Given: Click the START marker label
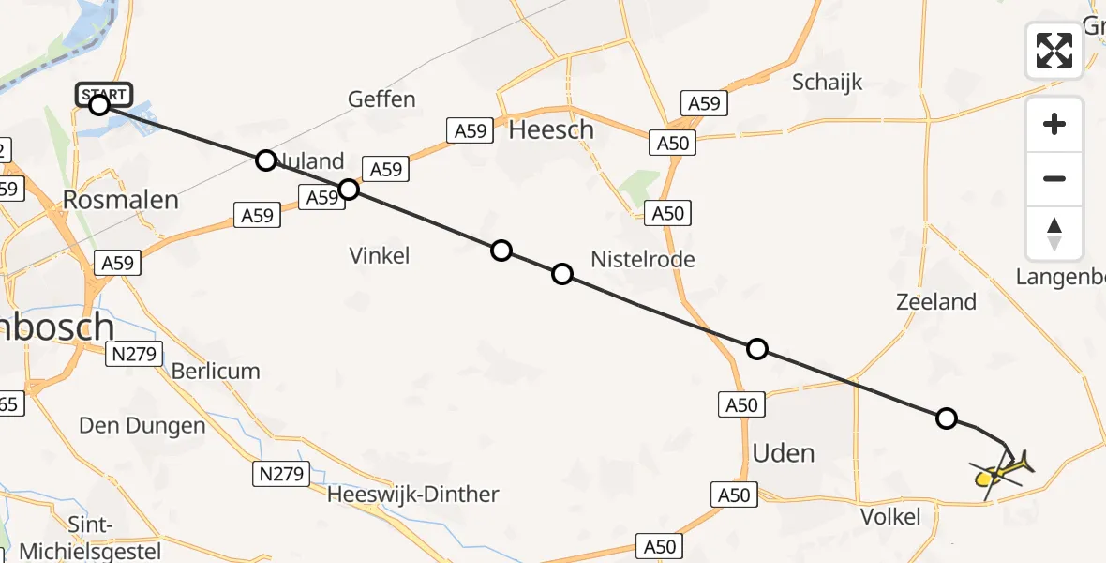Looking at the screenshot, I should tap(103, 94).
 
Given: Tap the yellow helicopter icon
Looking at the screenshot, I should tap(1001, 469).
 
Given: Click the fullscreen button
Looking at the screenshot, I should tap(1054, 51).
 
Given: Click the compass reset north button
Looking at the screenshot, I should tap(1054, 234).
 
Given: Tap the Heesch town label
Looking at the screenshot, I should tap(551, 129).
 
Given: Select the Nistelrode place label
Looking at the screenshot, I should tap(643, 259).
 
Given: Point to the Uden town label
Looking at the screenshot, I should tap(784, 453).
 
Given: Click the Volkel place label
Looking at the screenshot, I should tap(889, 516).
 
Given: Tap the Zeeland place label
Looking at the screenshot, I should tap(935, 302).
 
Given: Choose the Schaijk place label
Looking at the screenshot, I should tap(827, 83).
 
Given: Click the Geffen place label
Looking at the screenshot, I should tap(381, 99).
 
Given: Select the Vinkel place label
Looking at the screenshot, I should tap(380, 255).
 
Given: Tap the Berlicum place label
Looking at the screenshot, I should tap(216, 372).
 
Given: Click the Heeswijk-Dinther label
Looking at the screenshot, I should tap(413, 495).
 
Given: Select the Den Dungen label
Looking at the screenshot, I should tap(142, 426).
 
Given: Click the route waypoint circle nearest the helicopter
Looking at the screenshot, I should tap(947, 418).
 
